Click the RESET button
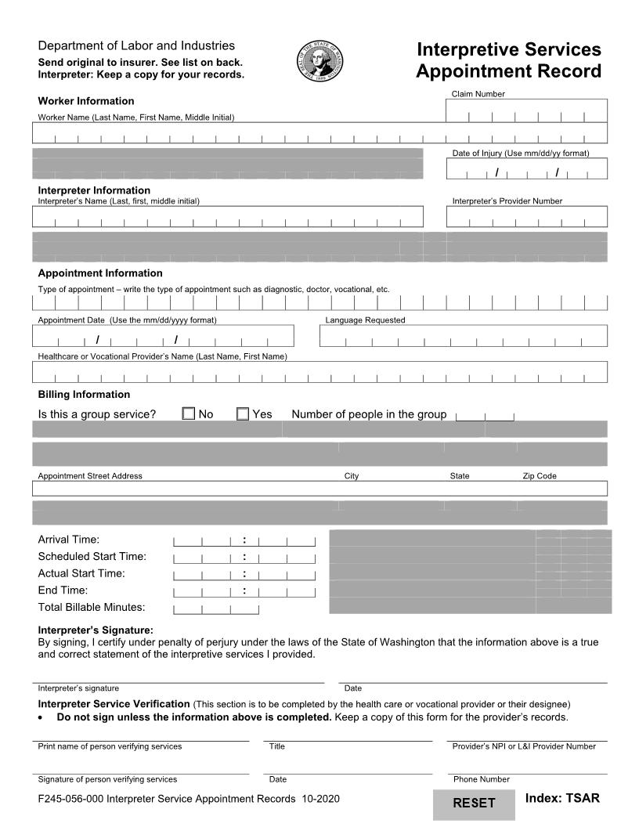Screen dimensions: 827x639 475,804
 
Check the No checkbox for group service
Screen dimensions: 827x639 189,413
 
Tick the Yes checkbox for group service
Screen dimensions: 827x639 243,413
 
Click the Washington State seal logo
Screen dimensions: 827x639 319,60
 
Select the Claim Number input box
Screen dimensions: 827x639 526,111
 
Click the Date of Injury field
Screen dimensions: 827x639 526,169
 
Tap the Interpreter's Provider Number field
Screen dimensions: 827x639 526,217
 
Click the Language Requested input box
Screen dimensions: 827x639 463,336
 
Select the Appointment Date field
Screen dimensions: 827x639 163,336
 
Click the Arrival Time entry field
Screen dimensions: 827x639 244,540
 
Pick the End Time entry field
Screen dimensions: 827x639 244,591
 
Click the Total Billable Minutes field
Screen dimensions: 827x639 216,608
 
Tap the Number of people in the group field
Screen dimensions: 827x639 485,415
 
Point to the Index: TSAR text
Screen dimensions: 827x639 562,798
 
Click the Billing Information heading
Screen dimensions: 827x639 84,394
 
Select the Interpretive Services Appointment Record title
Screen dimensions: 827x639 508,60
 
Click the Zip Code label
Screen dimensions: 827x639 540,476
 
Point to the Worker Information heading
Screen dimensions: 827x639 86,101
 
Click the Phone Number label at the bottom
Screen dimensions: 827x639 481,779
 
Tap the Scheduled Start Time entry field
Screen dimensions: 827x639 244,558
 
